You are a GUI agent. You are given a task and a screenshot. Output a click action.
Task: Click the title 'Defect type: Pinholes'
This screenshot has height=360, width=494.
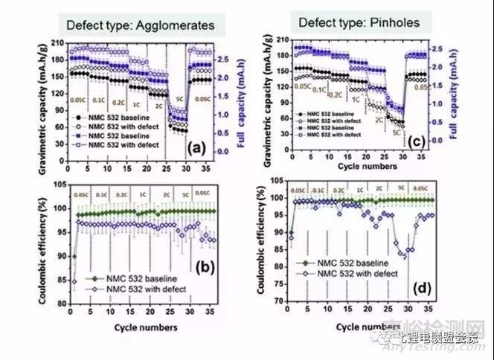pyautogui.click(x=359, y=22)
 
